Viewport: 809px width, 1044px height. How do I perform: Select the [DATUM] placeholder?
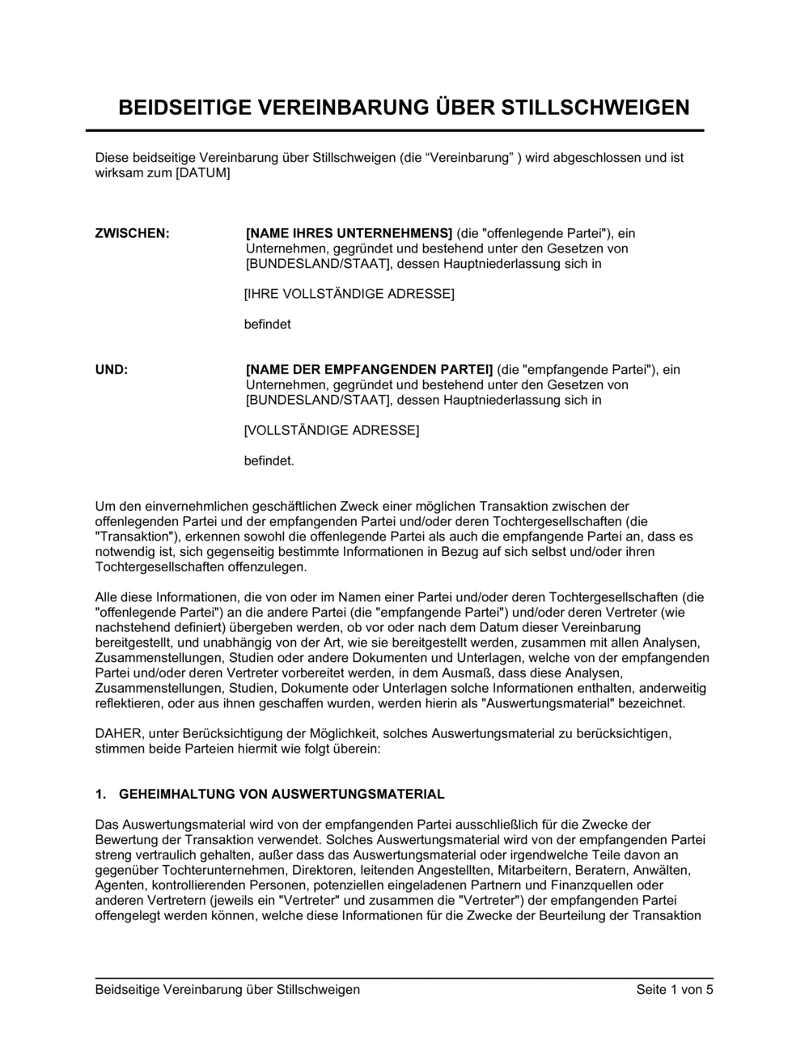203,173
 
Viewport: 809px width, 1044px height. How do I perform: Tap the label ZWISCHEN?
133,234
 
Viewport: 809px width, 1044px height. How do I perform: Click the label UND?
112,370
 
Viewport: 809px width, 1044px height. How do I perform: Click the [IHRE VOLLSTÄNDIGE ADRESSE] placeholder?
349,294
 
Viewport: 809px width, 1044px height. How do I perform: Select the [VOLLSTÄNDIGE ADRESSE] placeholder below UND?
332,431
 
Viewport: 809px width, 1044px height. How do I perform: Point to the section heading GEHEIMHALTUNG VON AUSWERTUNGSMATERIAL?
282,794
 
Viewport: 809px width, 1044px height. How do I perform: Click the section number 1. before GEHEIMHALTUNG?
100,794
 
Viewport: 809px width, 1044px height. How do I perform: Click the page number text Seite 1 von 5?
675,990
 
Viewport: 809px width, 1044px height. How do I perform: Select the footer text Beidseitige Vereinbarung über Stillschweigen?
227,990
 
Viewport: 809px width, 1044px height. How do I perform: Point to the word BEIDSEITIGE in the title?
187,108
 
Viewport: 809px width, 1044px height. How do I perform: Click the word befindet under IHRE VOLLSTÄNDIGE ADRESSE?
267,325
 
